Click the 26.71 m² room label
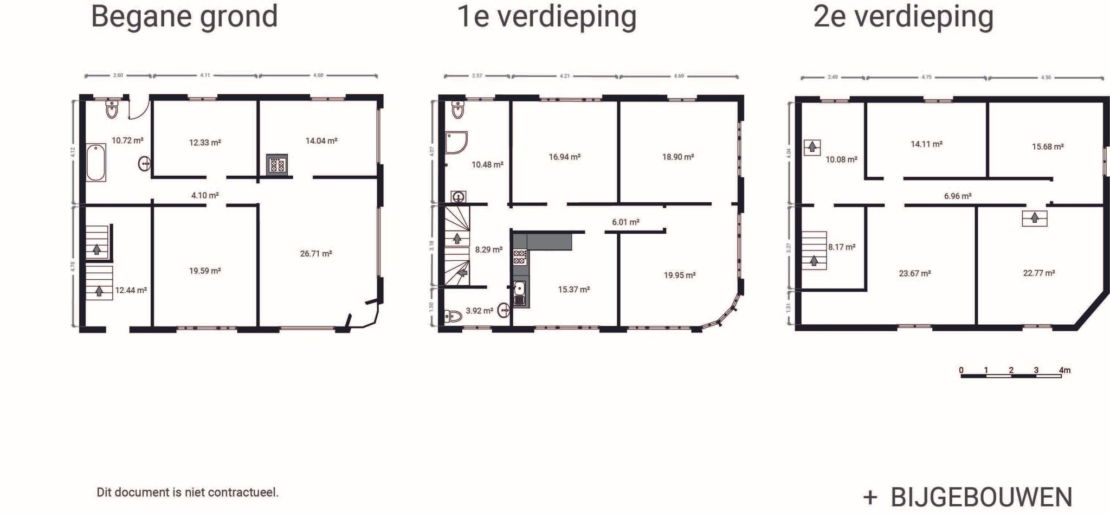pos(316,253)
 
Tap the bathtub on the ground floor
pos(96,163)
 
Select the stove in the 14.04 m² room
pos(276,164)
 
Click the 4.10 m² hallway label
pos(205,195)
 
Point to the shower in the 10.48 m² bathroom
pos(456,143)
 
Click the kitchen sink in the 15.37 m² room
pos(519,293)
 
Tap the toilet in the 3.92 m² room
pos(453,316)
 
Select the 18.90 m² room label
pos(678,157)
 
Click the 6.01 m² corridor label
pos(625,222)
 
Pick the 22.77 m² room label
pos(1039,273)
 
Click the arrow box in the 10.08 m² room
pos(812,147)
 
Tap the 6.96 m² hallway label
pos(958,196)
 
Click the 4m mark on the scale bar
pos(1064,371)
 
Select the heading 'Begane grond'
pos(184,16)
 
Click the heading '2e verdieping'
pos(904,16)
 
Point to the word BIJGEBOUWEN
pos(982,497)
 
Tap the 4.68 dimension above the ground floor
pos(318,75)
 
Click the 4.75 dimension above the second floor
pos(926,77)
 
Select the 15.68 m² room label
pos(1048,146)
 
